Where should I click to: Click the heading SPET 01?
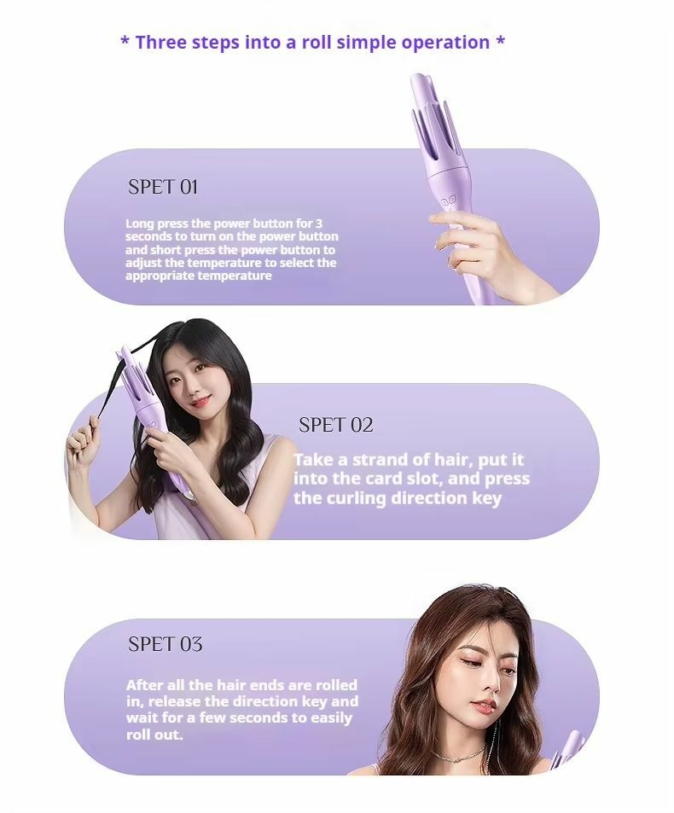[163, 187]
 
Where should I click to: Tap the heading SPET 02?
[335, 425]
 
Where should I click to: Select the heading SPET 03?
[165, 644]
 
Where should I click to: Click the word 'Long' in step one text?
[139, 224]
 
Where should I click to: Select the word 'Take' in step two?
[314, 460]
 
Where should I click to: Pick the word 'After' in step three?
[143, 685]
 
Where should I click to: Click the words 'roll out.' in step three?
[154, 735]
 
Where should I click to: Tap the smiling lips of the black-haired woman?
[199, 401]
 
